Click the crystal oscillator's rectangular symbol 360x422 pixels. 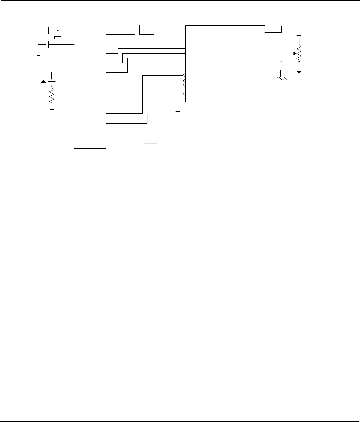pos(58,38)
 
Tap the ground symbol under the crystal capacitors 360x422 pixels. pos(39,55)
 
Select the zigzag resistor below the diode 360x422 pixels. pos(52,96)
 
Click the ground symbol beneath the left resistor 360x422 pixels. pos(52,109)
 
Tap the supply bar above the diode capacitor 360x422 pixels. pos(52,72)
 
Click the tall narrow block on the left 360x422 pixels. pos(90,84)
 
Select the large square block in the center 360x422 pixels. pos(225,63)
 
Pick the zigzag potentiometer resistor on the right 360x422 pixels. pos(299,53)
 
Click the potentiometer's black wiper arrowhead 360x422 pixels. pos(295,53)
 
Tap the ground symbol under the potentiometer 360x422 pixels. pos(299,71)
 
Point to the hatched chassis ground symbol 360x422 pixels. pos(281,78)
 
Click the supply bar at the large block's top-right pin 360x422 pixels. pos(282,26)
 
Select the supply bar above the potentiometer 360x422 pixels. pos(299,35)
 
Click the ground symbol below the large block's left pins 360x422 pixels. pos(178,112)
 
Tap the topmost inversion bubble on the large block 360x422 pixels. pos(184,76)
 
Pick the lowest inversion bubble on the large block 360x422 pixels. pos(184,94)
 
